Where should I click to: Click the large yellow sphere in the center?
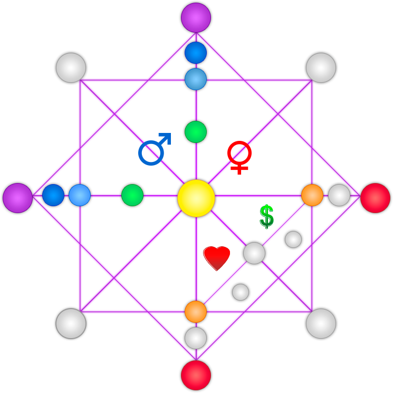point(196,198)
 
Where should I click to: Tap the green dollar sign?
point(266,216)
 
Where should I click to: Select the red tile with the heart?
point(217,258)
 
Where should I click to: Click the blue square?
point(155,149)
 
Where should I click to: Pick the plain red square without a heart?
point(239,157)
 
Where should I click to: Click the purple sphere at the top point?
point(196,18)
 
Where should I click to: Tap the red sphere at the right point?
point(375,198)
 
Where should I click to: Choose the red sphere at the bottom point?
point(196,375)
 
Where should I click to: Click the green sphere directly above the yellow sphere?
point(196,132)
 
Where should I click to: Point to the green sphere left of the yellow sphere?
point(132,195)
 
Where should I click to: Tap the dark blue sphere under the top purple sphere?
point(196,53)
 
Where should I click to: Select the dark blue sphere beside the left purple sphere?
point(53,195)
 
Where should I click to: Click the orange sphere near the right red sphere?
point(312,195)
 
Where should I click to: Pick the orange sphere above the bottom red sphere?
point(196,311)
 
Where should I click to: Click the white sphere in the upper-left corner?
point(71,68)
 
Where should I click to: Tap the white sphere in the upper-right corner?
point(321,68)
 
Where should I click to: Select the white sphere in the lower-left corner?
point(71,323)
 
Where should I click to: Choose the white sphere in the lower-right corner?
point(321,323)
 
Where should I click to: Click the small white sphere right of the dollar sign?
point(293,239)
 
